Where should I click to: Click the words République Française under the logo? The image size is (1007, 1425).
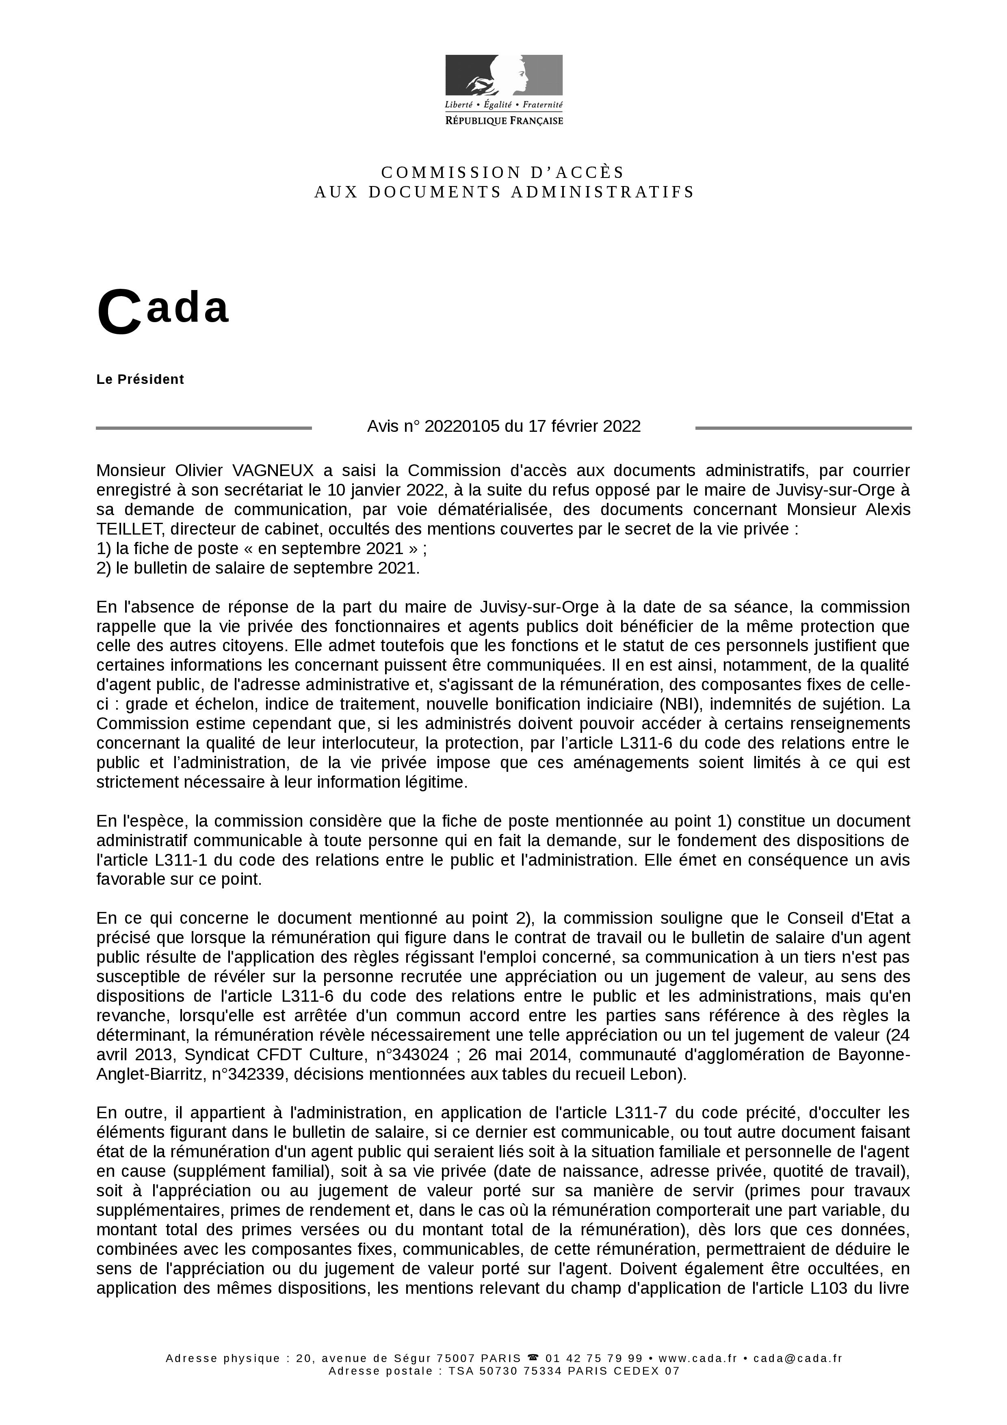[x=504, y=120]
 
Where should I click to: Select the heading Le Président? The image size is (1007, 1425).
[x=140, y=379]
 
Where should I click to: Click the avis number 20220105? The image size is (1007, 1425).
[x=461, y=427]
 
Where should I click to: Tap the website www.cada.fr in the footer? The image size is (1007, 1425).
[x=697, y=1358]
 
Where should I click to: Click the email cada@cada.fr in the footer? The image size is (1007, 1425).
[x=797, y=1358]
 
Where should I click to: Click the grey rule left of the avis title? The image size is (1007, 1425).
[x=204, y=428]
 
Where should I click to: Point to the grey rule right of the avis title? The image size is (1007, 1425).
[x=803, y=428]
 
